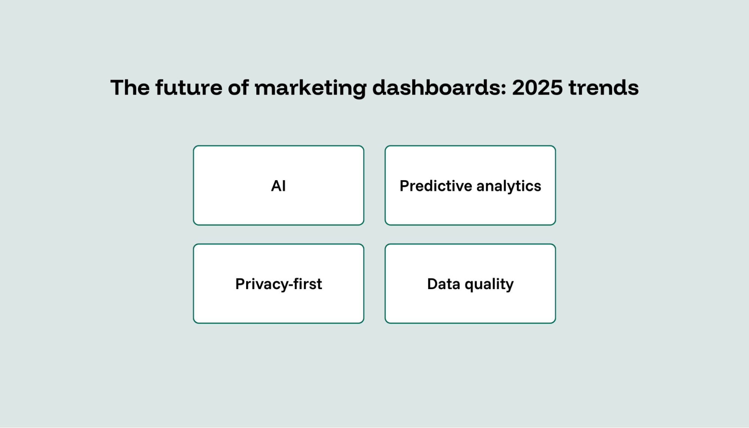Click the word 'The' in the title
[x=130, y=88]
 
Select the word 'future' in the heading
[x=189, y=88]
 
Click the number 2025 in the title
[x=537, y=88]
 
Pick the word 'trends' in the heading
[x=603, y=88]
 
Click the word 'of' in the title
[x=238, y=88]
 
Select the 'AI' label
[x=278, y=186]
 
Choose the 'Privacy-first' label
[x=278, y=284]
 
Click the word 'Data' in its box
[x=444, y=284]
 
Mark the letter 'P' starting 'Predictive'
[x=404, y=186]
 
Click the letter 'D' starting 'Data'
[x=432, y=284]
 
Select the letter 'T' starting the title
[x=118, y=88]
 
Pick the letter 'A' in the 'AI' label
[x=275, y=186]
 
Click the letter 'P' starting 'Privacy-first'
[x=240, y=284]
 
